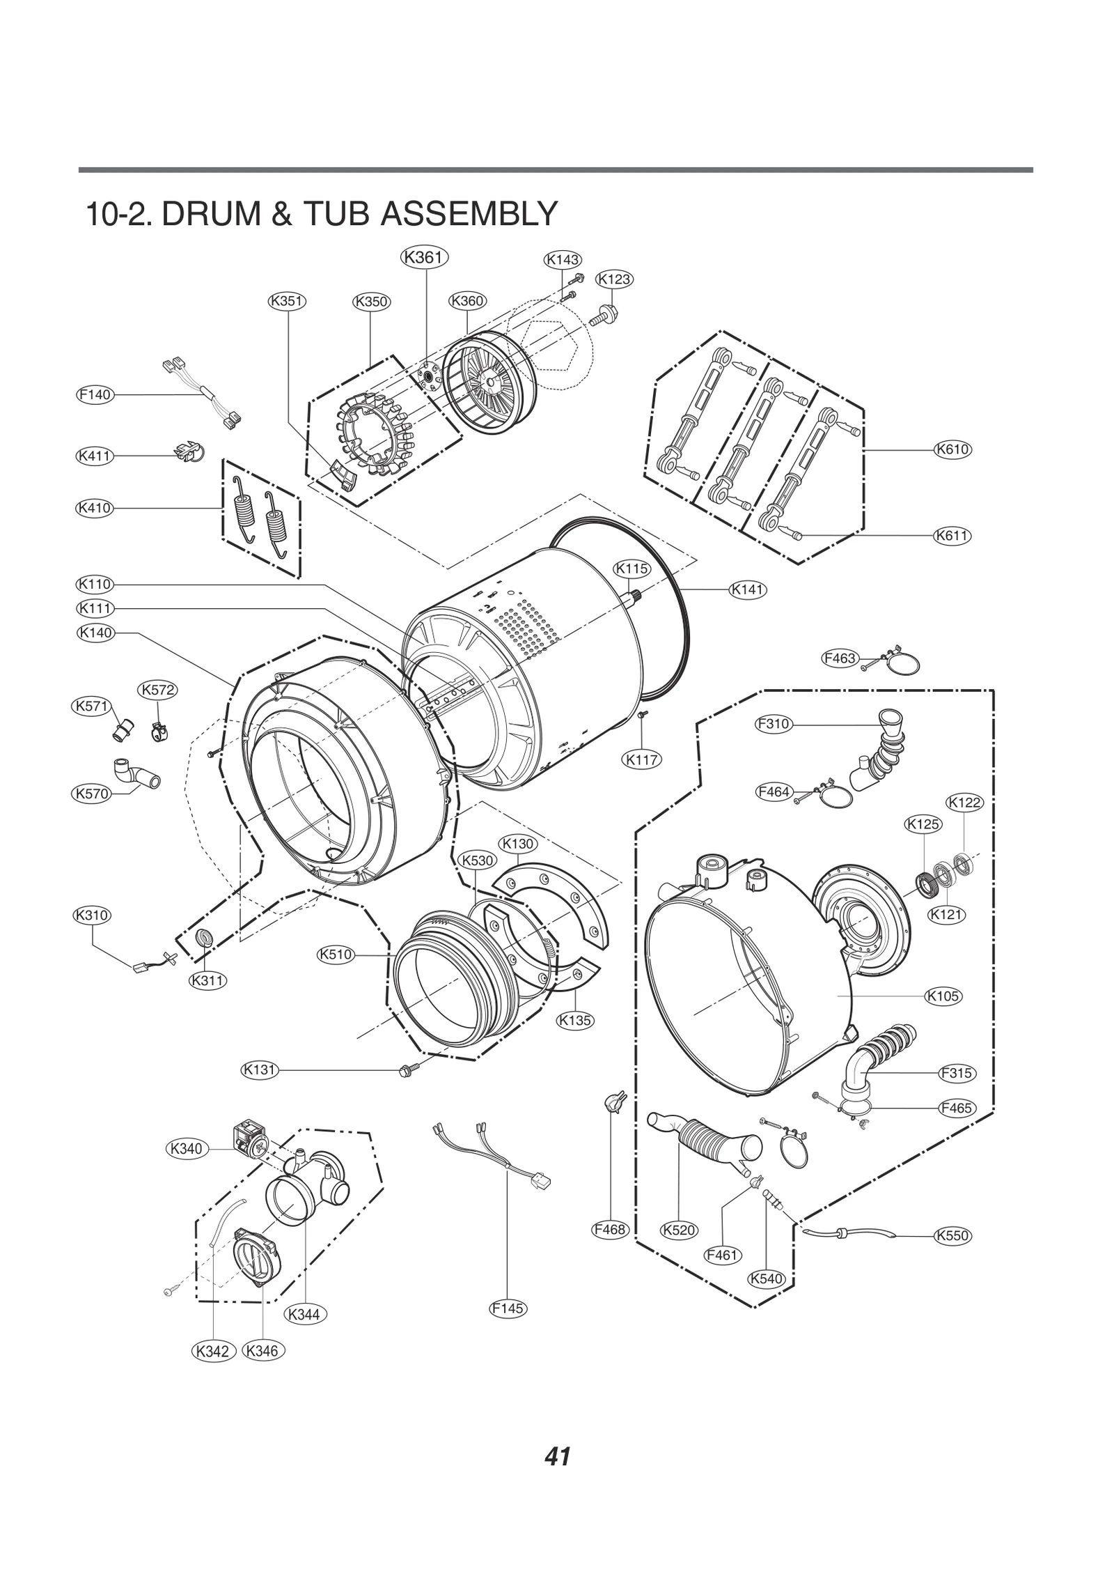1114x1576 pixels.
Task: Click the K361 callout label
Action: click(424, 257)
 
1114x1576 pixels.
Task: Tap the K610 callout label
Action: click(952, 449)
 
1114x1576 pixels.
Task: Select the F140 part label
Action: click(95, 395)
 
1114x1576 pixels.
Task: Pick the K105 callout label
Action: click(943, 996)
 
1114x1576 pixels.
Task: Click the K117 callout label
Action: click(641, 759)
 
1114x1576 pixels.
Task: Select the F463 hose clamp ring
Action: click(904, 663)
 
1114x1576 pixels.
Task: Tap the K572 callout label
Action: click(157, 690)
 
